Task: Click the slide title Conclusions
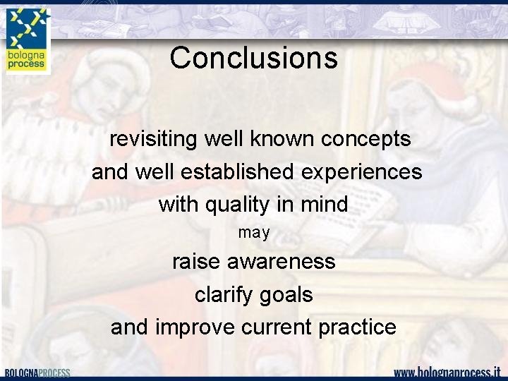[253, 58]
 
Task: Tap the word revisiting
[153, 140]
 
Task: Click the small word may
[253, 233]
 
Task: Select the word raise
[197, 262]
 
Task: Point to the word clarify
[223, 294]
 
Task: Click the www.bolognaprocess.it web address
[447, 373]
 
